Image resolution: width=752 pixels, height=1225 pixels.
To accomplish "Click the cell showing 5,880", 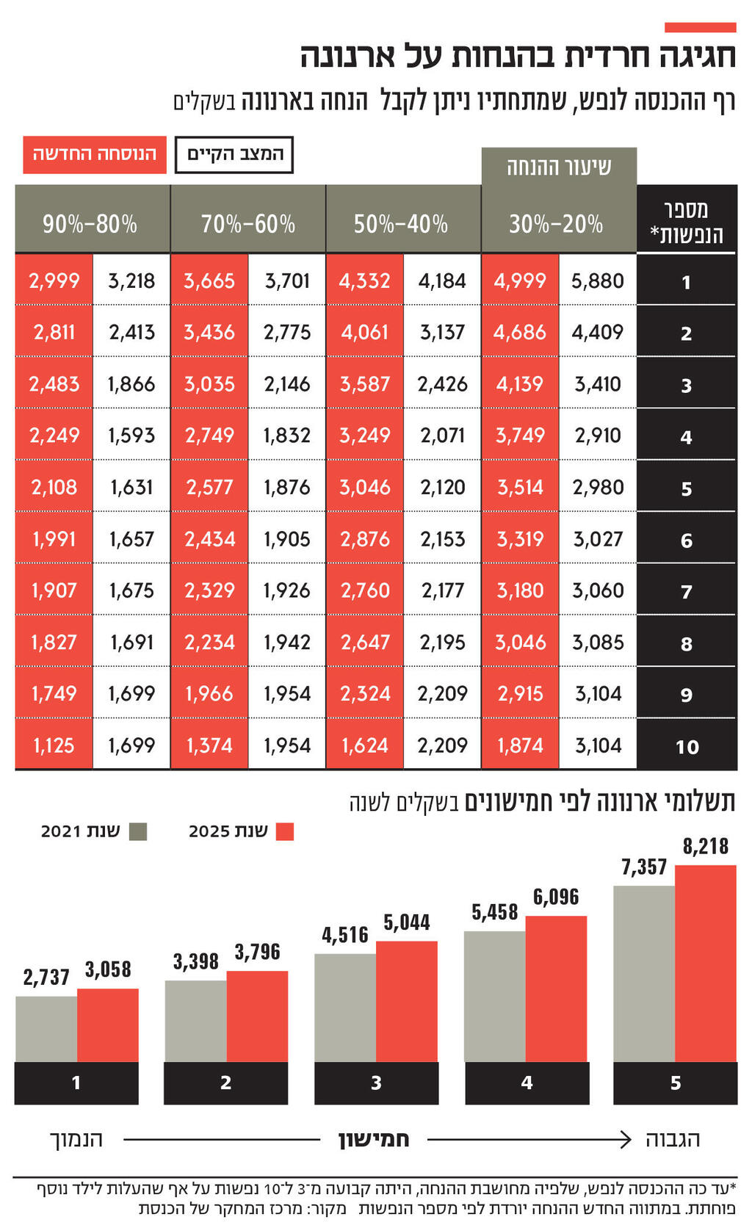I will click(597, 281).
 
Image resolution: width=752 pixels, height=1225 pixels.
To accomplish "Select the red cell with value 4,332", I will click(364, 281).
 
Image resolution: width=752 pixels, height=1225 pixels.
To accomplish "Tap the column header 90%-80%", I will click(91, 223).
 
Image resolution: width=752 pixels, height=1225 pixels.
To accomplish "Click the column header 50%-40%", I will click(402, 223).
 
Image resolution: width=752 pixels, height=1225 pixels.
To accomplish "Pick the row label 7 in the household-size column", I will click(686, 591).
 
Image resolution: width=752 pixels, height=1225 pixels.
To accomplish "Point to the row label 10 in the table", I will click(686, 746).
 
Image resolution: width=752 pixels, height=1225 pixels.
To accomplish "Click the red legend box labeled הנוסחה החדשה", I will click(94, 154).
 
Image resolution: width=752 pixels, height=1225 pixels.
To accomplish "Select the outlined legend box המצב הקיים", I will click(234, 154).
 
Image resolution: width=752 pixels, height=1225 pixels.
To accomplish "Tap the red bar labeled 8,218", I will click(705, 962).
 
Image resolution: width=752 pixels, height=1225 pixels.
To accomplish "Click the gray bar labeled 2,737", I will click(46, 1028).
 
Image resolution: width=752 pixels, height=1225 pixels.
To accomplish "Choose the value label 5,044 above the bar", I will click(406, 922).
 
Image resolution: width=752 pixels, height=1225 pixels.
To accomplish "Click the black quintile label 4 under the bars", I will click(527, 1083).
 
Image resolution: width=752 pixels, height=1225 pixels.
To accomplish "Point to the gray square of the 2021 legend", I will click(137, 831).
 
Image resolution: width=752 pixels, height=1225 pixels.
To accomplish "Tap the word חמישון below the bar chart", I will click(373, 1139).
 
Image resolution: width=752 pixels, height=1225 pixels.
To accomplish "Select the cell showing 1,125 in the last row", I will click(54, 745).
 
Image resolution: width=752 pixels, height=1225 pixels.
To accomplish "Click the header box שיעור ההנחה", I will click(558, 167).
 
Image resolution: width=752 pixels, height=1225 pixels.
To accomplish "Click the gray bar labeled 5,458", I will click(494, 995).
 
